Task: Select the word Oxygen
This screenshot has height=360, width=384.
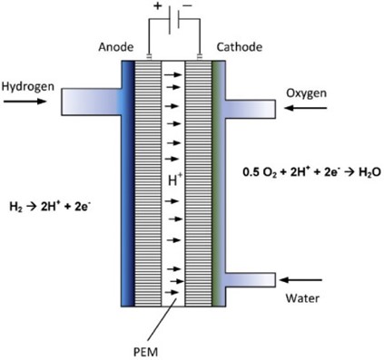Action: [x=306, y=92]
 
